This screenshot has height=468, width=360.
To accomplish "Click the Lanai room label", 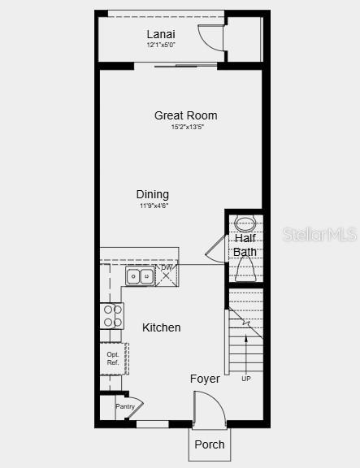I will [x=161, y=34].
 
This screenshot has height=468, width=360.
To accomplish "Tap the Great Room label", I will [x=186, y=115].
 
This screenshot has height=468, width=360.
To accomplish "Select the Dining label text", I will [x=153, y=194].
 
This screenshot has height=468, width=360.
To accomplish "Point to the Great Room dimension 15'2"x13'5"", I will [x=187, y=128].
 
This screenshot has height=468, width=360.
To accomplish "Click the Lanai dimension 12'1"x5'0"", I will [x=161, y=45].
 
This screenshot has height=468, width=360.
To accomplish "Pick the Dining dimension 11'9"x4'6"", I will [x=154, y=206].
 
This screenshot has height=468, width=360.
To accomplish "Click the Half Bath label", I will [x=245, y=245].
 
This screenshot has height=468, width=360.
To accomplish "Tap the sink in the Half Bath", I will [x=245, y=223].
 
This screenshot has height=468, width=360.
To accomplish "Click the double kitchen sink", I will [x=140, y=276].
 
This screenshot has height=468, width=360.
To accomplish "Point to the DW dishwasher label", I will [x=167, y=267].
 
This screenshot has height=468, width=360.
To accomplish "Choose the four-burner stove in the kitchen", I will [x=111, y=315].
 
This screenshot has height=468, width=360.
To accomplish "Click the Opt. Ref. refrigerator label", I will [x=113, y=358].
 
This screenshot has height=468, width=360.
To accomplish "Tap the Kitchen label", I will [x=162, y=327].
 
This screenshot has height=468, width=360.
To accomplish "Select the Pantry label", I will [x=124, y=406].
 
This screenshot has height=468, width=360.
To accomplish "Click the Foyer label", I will [x=205, y=379].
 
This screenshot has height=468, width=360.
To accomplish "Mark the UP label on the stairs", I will [x=246, y=379].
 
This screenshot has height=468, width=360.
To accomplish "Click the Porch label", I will [x=210, y=444].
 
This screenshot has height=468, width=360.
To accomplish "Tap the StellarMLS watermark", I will [x=319, y=235].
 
